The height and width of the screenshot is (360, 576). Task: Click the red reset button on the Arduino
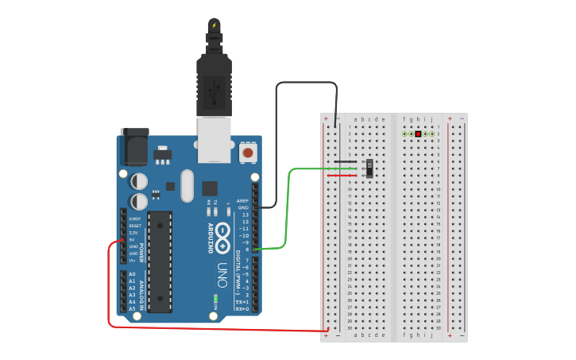[248, 152]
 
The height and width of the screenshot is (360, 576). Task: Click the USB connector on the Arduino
[214, 139]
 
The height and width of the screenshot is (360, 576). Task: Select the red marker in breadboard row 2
[418, 134]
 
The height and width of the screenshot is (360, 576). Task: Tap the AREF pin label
[243, 200]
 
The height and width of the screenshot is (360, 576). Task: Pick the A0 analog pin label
[132, 273]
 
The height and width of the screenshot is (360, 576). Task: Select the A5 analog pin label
[132, 308]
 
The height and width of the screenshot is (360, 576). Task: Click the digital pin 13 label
[245, 215]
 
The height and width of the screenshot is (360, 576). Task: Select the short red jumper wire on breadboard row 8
[342, 175]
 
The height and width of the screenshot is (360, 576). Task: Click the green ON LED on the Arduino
[215, 300]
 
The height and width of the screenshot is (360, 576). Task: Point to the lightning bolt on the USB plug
[214, 25]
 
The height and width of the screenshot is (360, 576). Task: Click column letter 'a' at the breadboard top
[356, 120]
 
